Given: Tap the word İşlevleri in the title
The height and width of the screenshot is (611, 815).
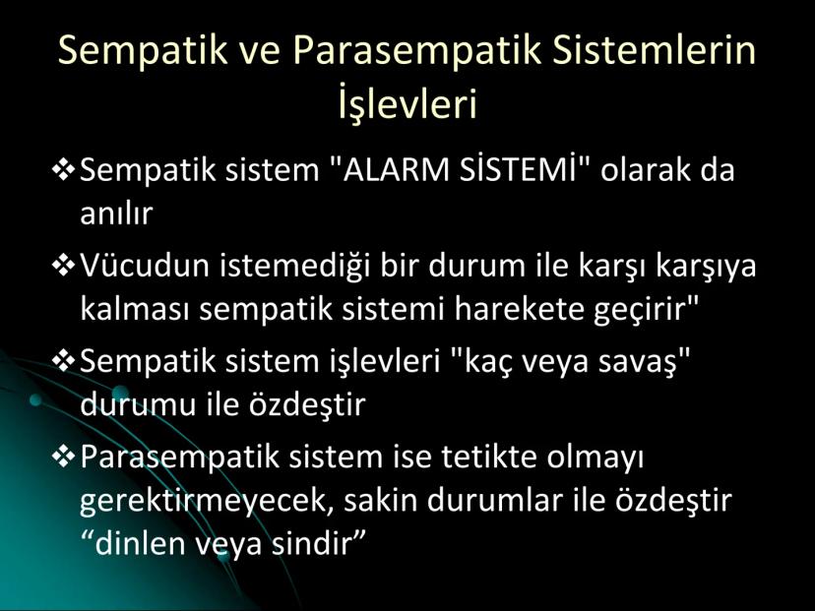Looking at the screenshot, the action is coord(407,103).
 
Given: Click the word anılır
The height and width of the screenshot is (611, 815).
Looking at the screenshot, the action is coord(116,214).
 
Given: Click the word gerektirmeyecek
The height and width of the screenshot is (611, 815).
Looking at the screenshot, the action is coord(207,503).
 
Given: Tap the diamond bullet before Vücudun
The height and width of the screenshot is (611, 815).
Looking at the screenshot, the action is coord(64,266).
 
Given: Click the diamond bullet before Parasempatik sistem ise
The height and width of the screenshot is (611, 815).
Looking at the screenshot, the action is coord(64,457).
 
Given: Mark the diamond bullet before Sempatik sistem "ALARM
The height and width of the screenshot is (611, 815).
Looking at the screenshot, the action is coord(64,170).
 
